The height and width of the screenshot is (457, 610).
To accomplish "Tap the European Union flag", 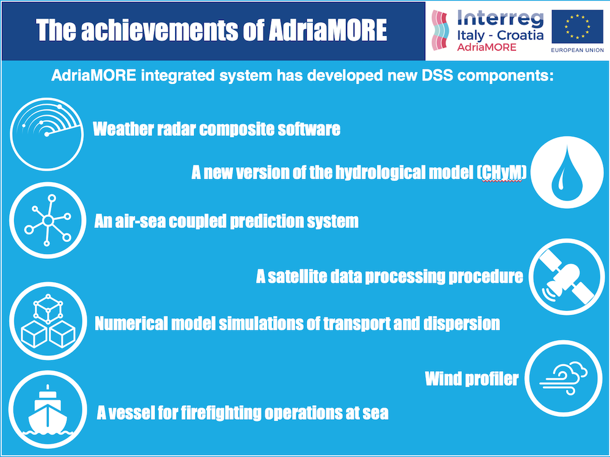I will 577,27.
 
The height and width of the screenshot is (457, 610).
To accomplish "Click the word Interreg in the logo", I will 498,18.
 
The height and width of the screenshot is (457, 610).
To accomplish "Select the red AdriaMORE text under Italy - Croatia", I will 487,48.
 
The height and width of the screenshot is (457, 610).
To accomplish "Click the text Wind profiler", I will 472,379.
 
